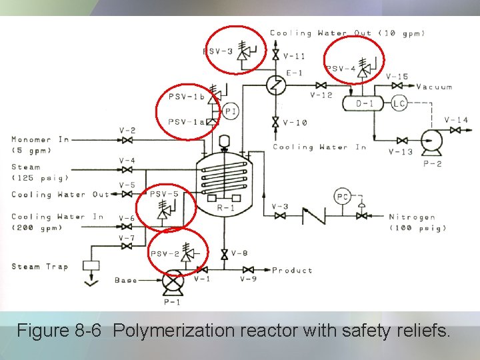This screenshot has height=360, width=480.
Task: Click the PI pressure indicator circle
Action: point(231,112)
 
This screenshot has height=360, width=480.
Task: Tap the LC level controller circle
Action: point(399,103)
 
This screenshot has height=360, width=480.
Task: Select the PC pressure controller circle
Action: point(342,196)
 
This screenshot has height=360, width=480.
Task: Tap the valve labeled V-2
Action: point(126,140)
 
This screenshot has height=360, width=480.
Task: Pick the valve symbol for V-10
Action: point(275,122)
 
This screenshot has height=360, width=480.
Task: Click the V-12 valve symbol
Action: point(321,85)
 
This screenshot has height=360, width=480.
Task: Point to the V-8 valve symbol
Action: point(224,253)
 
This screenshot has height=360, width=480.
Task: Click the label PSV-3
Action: point(218,51)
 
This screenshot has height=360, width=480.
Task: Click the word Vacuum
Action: point(434,87)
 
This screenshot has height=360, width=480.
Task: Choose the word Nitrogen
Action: point(413,217)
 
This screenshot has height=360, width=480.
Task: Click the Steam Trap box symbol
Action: point(91,265)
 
